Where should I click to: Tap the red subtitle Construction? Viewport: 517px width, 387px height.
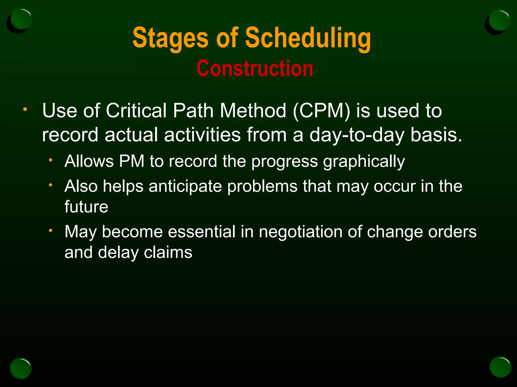[x=255, y=69]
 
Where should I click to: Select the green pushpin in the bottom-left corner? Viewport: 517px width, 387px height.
[x=21, y=368]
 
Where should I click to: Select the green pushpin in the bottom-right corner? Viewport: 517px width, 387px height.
[x=500, y=367]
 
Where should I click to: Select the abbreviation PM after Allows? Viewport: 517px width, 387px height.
[x=131, y=161]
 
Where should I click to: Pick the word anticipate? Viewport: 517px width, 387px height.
[x=185, y=187]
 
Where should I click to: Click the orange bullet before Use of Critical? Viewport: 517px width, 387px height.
[x=25, y=109]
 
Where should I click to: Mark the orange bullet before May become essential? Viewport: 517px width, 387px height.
[x=50, y=230]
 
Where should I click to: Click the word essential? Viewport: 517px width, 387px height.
[x=201, y=232]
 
